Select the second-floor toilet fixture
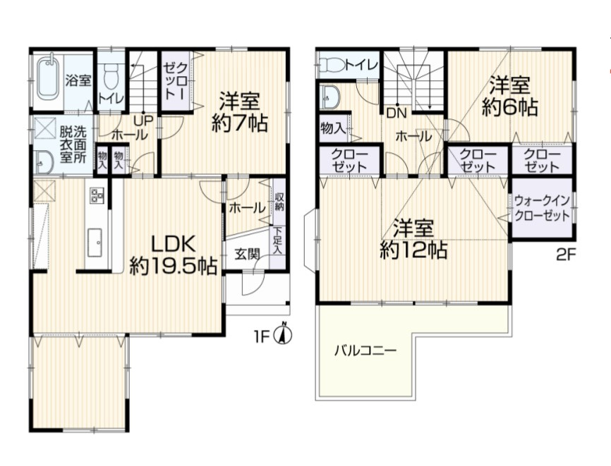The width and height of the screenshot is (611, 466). click(332, 66)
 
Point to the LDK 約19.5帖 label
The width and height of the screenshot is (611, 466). click(173, 255)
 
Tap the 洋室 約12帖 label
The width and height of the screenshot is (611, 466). click(413, 239)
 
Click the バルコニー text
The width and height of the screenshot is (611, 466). click(365, 350)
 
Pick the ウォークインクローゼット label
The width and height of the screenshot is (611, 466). click(542, 209)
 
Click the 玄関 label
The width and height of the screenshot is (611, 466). click(246, 255)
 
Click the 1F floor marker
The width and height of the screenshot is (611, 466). click(262, 337)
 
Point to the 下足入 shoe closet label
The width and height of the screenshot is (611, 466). click(278, 240)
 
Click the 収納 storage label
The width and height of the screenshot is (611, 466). click(279, 202)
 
